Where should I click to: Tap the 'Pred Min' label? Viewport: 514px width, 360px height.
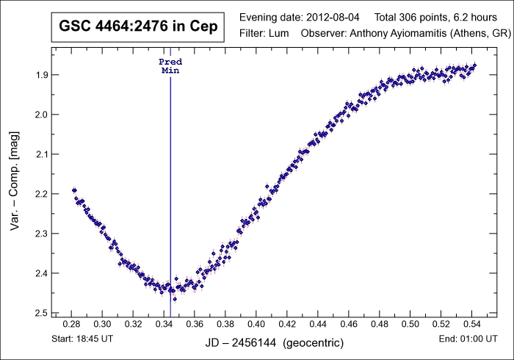point(170,67)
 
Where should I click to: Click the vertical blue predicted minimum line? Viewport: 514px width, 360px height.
point(170,184)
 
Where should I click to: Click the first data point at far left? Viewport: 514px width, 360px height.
point(73,190)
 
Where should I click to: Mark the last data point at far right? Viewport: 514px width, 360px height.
point(474,65)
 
